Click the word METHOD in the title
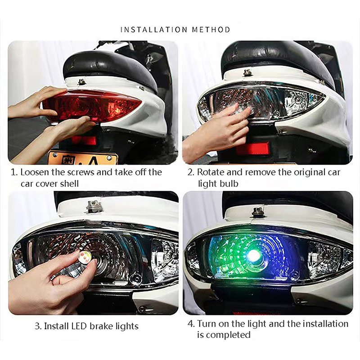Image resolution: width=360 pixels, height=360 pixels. click(211, 30)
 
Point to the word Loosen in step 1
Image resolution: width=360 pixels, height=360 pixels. click(35, 172)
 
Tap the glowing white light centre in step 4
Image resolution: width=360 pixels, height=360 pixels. click(253, 254)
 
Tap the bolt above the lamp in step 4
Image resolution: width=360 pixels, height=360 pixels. click(257, 211)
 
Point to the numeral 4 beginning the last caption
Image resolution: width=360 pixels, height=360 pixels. click(190, 324)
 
